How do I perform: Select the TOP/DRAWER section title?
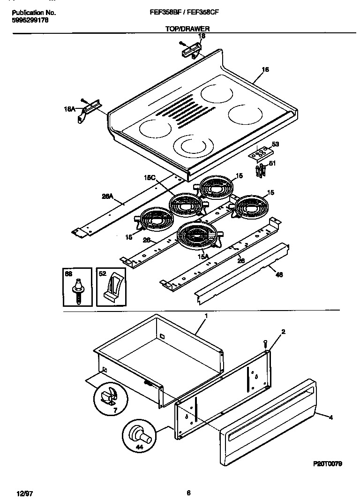click(x=187, y=29)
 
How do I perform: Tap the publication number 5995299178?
click(x=30, y=21)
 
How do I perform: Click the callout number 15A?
click(x=202, y=256)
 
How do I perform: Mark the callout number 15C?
click(x=150, y=178)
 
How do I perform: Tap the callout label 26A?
click(x=108, y=197)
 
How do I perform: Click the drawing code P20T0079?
click(x=327, y=463)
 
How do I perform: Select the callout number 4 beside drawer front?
click(x=331, y=417)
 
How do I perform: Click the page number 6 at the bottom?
click(x=188, y=493)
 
